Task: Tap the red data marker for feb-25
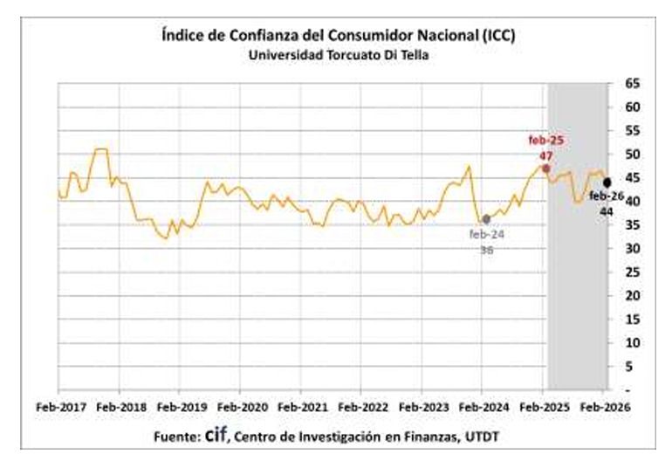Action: click(x=545, y=168)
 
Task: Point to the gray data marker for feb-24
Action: click(x=486, y=219)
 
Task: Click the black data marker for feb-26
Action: click(x=607, y=182)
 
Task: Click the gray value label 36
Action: click(x=486, y=250)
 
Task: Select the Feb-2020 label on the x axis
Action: click(x=241, y=407)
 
